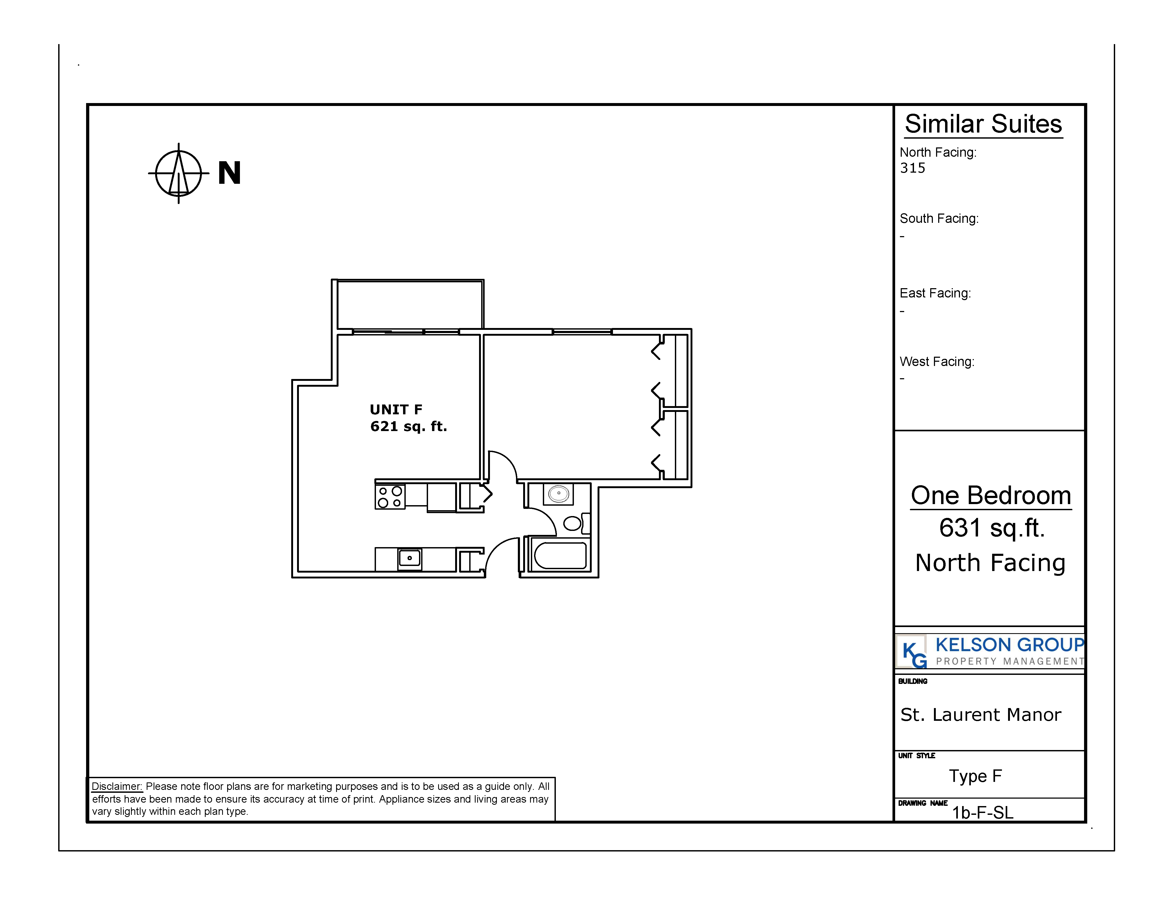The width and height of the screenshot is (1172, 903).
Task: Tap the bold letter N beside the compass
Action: (229, 173)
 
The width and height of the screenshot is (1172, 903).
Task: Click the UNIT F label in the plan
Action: (396, 409)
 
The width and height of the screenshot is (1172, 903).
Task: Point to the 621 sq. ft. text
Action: (408, 427)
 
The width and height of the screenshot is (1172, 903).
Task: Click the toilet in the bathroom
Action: (577, 523)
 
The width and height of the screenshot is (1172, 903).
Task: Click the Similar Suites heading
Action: (983, 124)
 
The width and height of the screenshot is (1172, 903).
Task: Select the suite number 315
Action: (912, 168)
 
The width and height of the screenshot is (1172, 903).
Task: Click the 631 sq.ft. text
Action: (992, 528)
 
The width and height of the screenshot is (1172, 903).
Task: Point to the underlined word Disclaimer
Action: (117, 787)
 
